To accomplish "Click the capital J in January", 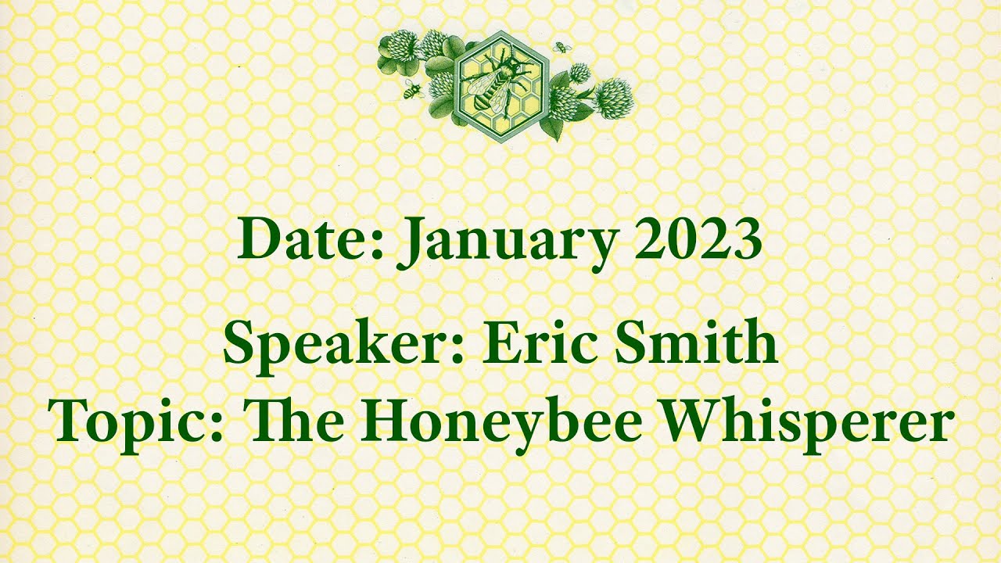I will (412, 242).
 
